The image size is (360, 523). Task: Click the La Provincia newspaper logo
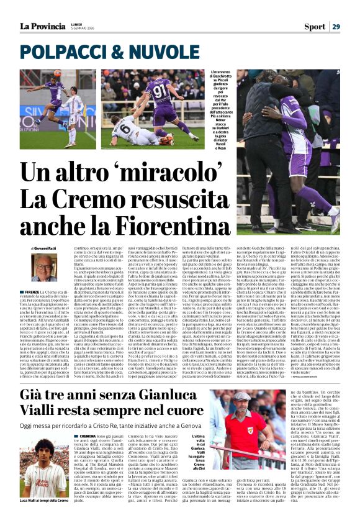coord(40,26)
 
